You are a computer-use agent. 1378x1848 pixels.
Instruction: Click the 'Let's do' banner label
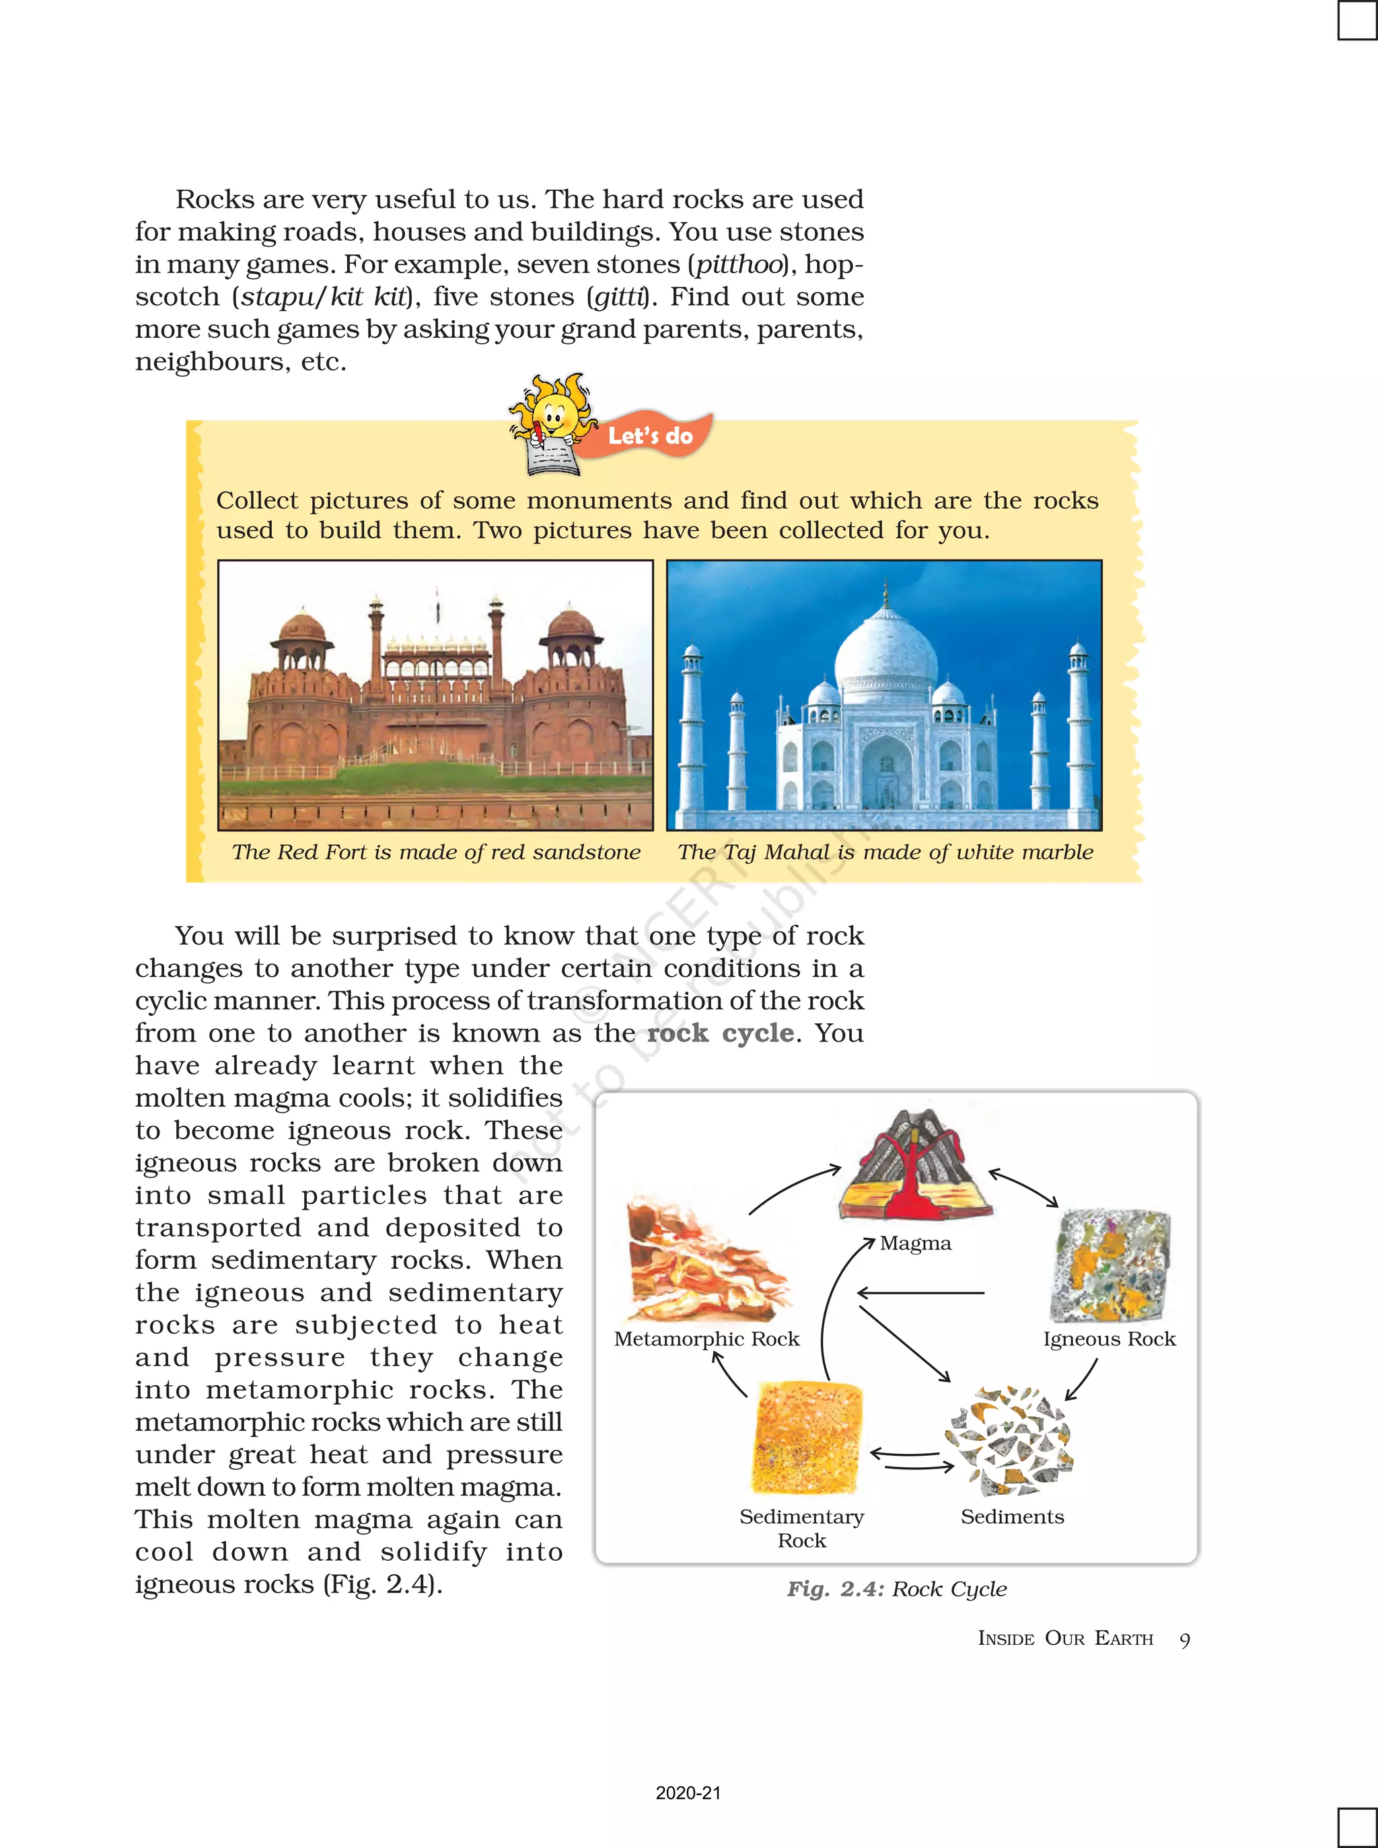click(650, 435)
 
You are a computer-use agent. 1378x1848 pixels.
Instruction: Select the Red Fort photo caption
click(435, 852)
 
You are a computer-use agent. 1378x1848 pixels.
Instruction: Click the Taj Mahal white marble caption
click(885, 852)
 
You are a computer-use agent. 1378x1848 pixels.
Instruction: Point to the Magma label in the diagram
click(915, 1243)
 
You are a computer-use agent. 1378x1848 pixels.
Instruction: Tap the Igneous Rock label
click(1109, 1339)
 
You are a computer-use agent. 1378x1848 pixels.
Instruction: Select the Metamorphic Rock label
click(706, 1339)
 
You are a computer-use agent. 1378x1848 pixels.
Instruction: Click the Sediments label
click(1012, 1516)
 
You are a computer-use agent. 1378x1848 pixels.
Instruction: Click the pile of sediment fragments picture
click(1009, 1441)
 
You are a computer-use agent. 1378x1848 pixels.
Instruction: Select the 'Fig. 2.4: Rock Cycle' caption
click(897, 1588)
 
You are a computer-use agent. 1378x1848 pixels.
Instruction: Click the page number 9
click(1184, 1639)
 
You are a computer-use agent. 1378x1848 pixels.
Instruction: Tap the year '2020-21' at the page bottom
click(688, 1793)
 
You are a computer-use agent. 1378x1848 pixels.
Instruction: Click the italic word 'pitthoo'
click(738, 264)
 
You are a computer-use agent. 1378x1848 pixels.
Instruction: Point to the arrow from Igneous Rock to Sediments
click(1082, 1380)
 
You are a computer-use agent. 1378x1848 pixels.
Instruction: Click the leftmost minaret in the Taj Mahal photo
click(692, 725)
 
